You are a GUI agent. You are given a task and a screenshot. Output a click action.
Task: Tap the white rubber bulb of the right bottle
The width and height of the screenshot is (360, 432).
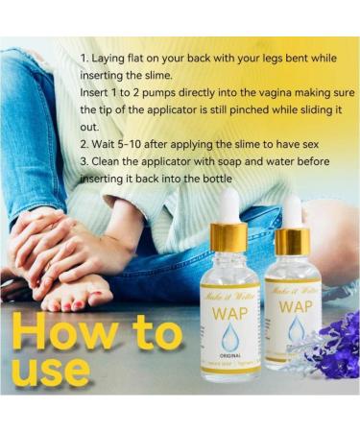pos(292,210)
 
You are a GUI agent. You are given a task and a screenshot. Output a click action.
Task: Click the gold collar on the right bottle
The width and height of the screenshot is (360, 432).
pos(292,240)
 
